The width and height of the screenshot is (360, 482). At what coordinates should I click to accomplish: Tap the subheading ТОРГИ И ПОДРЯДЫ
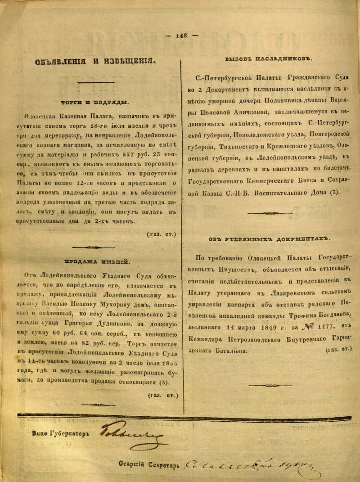pos(94,102)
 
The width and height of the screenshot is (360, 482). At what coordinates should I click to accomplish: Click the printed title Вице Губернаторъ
pos(61,434)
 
